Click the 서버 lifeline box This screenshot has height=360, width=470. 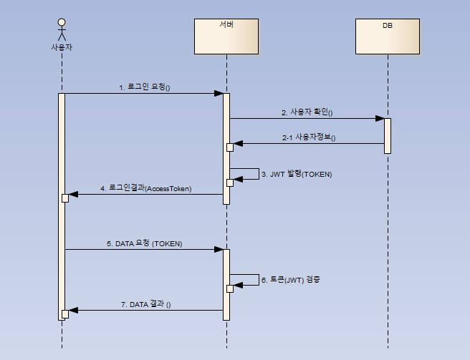226,37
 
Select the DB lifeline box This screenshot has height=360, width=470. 387,37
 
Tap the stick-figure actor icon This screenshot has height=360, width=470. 62,29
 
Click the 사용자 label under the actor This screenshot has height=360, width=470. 62,47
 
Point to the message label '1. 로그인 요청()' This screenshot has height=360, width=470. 148,87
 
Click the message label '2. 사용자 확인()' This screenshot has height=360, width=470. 307,112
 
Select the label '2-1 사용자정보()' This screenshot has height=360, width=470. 309,137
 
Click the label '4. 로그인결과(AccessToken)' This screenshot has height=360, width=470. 151,188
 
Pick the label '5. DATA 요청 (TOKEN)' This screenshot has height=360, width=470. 149,243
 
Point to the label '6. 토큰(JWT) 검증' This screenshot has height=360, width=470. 290,279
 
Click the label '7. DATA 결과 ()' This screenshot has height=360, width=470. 150,304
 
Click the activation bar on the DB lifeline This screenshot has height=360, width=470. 387,135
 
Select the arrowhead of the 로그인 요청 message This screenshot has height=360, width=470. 219,93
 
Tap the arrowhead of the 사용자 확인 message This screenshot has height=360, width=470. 380,119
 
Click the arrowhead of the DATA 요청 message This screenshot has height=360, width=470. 219,250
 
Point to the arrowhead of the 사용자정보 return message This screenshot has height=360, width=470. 238,143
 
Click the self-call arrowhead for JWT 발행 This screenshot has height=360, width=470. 238,180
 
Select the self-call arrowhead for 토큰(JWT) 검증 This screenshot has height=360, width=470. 238,285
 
